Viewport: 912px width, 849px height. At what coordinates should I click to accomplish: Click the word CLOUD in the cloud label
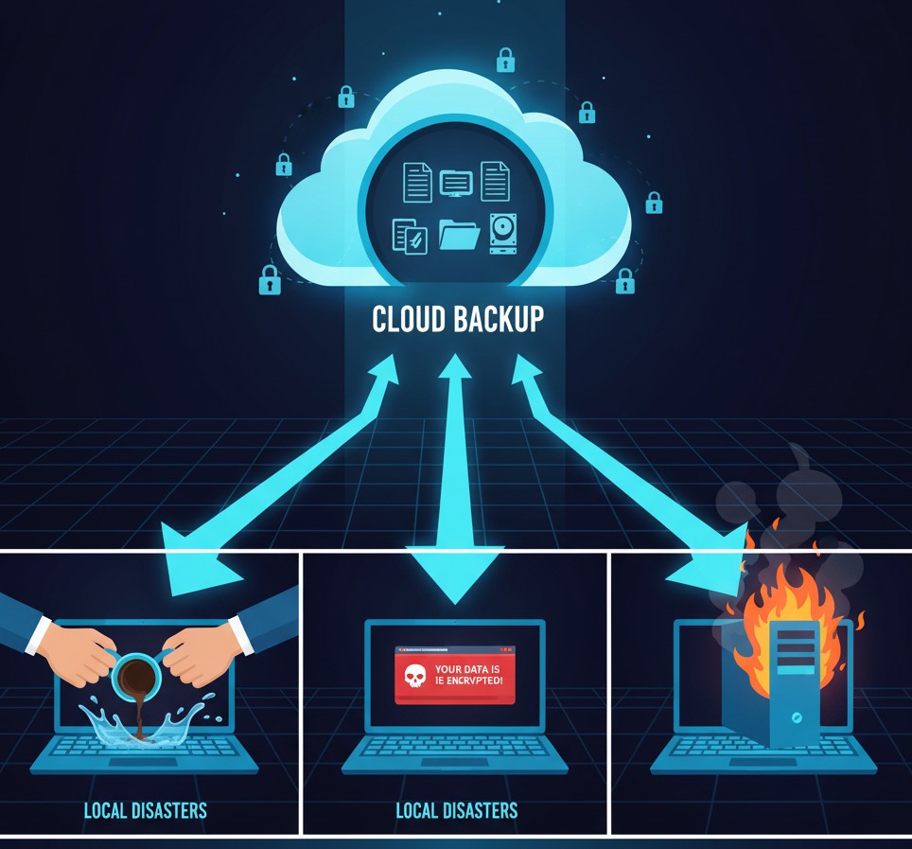(x=409, y=319)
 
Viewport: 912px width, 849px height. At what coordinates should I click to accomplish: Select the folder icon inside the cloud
(x=460, y=235)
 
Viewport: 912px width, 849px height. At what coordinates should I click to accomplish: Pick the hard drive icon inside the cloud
(x=502, y=233)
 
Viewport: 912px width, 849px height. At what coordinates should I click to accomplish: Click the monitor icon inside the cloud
(x=456, y=182)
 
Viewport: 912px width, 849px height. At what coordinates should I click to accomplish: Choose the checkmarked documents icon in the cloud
(x=410, y=235)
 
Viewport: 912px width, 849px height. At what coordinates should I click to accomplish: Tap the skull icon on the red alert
(x=413, y=675)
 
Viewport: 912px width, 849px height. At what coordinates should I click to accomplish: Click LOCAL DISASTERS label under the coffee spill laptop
(x=145, y=810)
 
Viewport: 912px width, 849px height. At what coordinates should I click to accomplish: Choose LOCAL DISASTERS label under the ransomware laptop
(x=456, y=810)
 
